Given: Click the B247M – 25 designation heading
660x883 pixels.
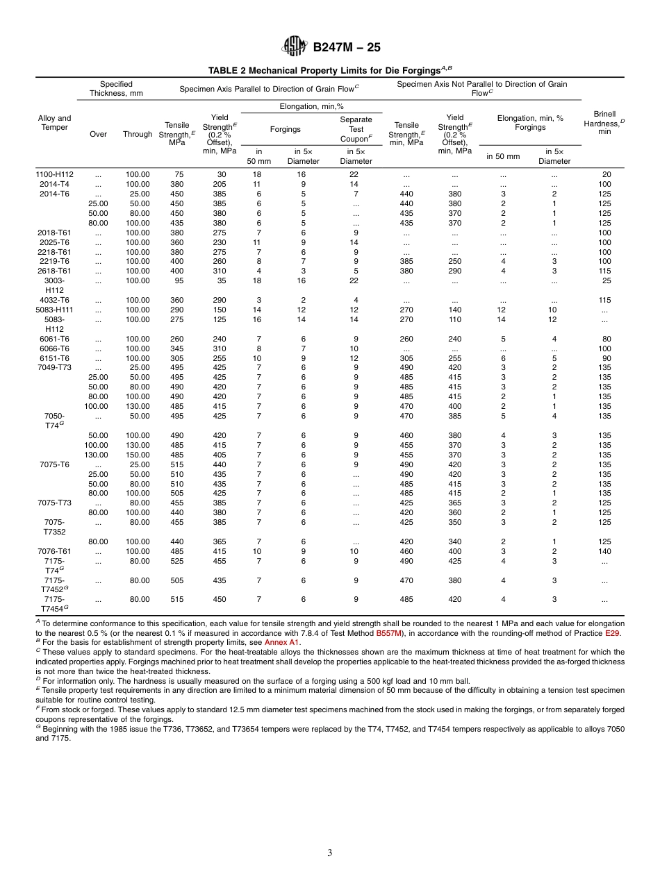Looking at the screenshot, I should click(x=347, y=48).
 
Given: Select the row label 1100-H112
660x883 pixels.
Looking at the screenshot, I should click(x=55, y=174).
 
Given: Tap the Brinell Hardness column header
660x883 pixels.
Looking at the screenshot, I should click(x=604, y=123).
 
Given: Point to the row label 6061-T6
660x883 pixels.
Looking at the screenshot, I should click(x=55, y=339).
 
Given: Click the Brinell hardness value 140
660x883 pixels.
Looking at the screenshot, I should click(x=604, y=551).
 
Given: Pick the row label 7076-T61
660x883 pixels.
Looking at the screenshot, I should click(x=55, y=551).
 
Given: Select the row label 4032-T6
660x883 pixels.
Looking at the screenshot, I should click(x=55, y=300).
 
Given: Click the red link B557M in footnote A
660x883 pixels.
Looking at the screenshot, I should click(x=388, y=633).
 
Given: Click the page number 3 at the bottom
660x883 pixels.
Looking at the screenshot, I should click(x=330, y=853).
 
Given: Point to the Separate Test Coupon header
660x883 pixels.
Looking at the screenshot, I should click(x=356, y=129).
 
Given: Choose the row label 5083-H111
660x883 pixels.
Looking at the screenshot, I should click(x=55, y=310).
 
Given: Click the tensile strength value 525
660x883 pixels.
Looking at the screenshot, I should click(x=178, y=561).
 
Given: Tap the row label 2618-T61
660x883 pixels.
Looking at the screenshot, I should click(x=55, y=271).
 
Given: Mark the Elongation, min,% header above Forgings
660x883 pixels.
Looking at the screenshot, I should click(x=311, y=107).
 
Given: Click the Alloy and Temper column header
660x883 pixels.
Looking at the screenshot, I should click(x=55, y=123).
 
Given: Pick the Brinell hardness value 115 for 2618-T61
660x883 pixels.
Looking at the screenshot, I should click(x=604, y=271).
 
